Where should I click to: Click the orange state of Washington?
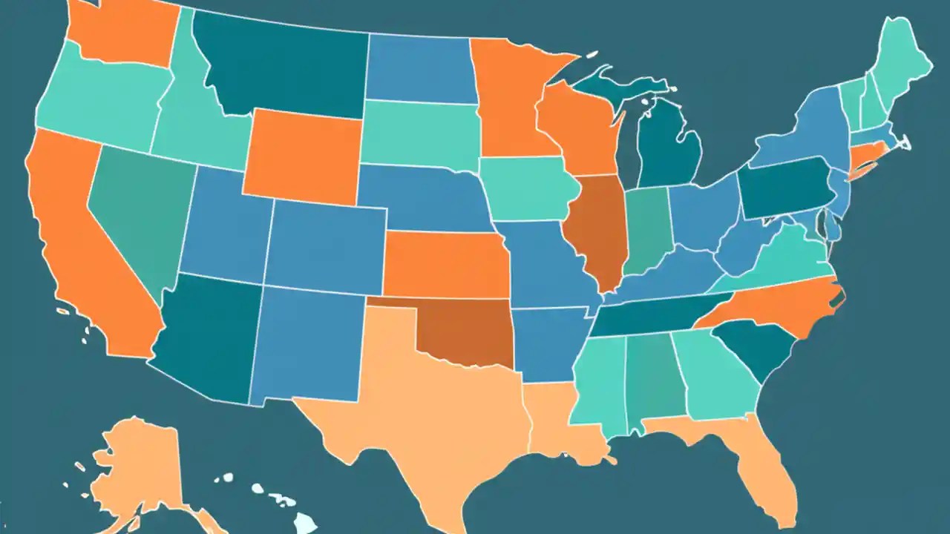pos(122,33)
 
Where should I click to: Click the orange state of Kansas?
pos(445,263)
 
